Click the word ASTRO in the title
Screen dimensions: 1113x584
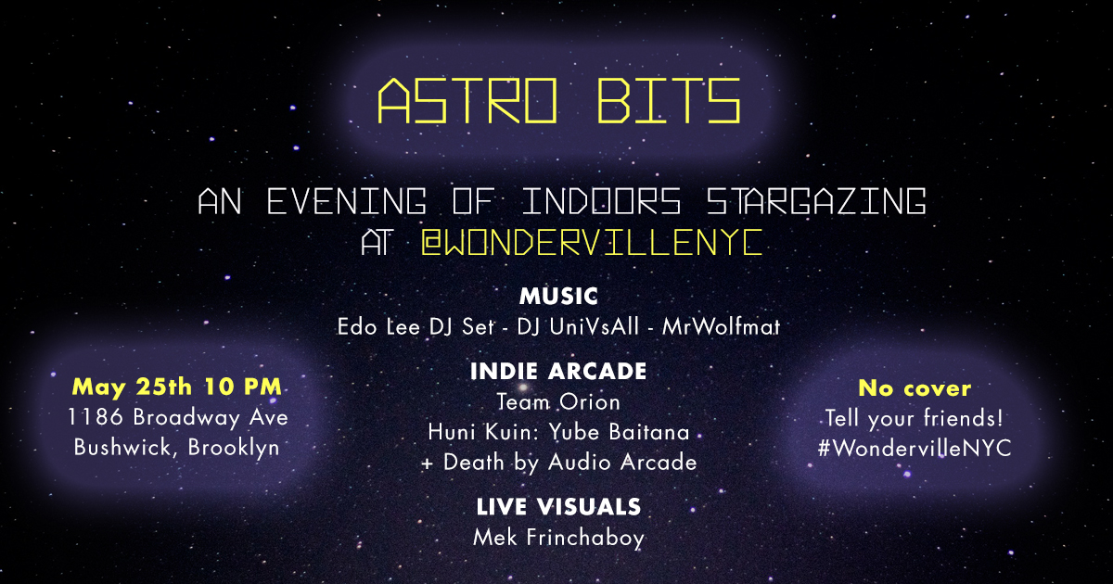coord(467,101)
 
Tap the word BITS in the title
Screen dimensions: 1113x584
coord(669,101)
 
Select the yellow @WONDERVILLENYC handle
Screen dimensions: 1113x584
coord(592,242)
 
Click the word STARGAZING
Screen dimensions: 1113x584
coord(816,201)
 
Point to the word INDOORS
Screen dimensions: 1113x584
coord(601,201)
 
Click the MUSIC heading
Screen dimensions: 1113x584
coord(558,297)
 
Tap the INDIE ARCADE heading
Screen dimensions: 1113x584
coord(558,371)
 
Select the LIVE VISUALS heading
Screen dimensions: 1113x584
coord(558,507)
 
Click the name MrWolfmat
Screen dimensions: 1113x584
coord(721,326)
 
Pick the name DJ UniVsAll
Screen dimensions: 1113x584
coord(578,326)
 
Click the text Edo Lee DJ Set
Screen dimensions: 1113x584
coord(416,326)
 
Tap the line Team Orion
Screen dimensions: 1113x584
coord(558,401)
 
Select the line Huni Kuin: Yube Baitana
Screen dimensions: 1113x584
coord(558,432)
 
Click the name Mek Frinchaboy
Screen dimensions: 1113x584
coord(558,538)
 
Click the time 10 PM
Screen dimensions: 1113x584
coord(243,387)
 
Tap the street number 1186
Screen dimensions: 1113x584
coord(95,417)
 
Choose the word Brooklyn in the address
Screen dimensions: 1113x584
coord(234,448)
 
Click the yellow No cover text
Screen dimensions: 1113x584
coord(915,388)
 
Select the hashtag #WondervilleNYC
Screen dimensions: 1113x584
coord(915,448)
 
